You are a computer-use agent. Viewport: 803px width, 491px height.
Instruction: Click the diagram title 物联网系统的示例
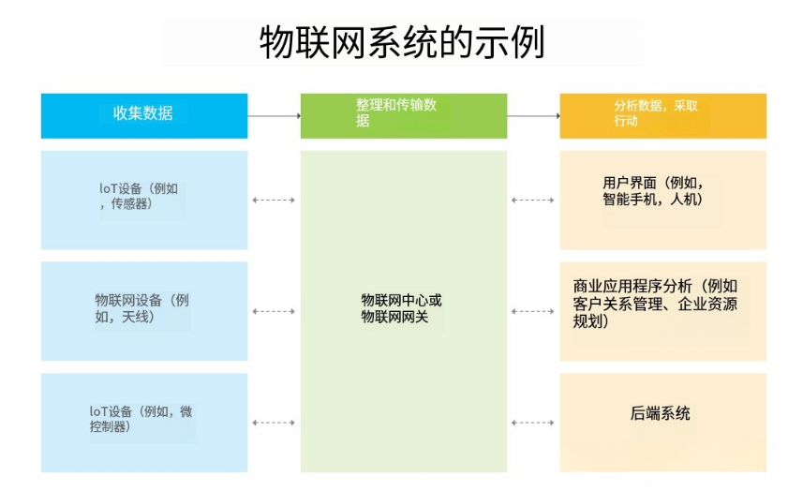(x=401, y=43)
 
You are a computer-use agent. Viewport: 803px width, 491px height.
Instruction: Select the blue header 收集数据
(x=144, y=115)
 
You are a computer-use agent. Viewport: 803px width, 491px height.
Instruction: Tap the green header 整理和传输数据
(x=403, y=115)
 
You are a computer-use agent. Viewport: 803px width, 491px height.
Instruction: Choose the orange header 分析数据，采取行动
(x=662, y=115)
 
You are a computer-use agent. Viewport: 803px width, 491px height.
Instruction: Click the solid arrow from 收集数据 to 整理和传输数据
(x=274, y=115)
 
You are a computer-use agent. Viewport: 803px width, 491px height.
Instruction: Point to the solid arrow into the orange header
(x=533, y=115)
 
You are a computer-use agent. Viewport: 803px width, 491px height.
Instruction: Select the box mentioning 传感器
(x=144, y=200)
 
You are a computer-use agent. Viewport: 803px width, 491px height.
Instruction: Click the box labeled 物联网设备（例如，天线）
(x=144, y=311)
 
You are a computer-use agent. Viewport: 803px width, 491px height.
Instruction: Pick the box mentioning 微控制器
(x=144, y=423)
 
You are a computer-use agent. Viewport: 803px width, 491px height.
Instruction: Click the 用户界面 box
(x=662, y=200)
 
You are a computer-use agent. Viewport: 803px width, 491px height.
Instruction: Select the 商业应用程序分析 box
(x=662, y=311)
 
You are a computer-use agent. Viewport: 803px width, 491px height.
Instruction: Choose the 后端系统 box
(x=662, y=423)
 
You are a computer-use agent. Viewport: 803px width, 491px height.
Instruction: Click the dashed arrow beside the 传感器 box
(x=274, y=200)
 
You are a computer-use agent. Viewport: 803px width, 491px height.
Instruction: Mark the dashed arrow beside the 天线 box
(x=274, y=311)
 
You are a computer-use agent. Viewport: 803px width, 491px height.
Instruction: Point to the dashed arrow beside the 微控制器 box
(x=274, y=423)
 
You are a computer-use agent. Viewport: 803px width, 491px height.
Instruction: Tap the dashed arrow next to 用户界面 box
(x=533, y=200)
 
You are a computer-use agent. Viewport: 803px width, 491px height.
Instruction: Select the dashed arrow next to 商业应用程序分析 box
(x=533, y=311)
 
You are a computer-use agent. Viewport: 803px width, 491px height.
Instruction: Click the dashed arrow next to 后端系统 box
(x=533, y=423)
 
